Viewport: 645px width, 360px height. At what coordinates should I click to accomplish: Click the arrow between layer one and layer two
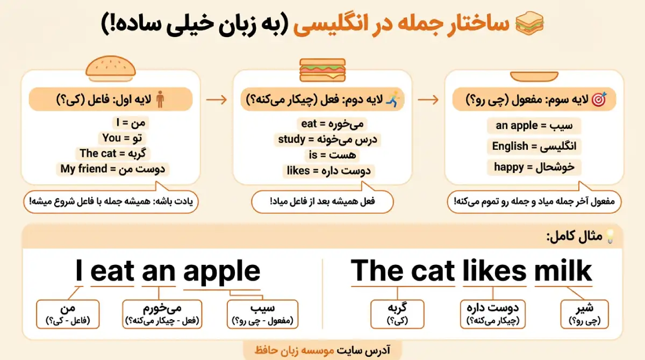(x=217, y=99)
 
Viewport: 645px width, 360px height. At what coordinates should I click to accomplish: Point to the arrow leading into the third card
(x=428, y=99)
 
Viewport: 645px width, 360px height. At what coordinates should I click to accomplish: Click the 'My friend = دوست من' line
(x=113, y=169)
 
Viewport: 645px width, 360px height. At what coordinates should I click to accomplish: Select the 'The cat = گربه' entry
(x=113, y=153)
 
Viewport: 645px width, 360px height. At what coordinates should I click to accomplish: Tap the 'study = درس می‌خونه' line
(x=328, y=140)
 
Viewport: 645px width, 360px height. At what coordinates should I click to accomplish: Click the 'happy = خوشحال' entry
(x=534, y=167)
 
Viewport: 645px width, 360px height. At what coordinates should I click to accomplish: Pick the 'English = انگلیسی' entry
(x=534, y=146)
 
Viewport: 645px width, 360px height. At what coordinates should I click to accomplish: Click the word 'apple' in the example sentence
(x=221, y=271)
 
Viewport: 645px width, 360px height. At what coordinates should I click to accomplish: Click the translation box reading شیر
(x=584, y=314)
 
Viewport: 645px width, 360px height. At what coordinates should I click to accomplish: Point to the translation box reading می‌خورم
(x=162, y=314)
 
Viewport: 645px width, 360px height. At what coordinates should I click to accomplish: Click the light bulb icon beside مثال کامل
(x=610, y=236)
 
